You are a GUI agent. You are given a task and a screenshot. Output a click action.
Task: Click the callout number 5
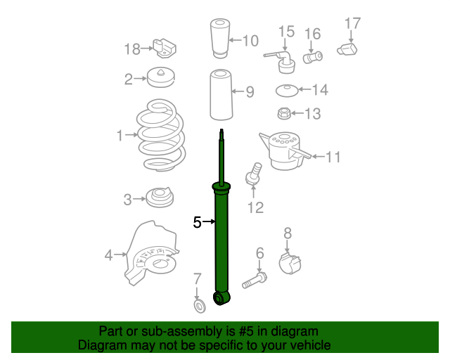pos(198,223)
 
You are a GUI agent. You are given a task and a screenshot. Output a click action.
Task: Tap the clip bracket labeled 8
pos(292,265)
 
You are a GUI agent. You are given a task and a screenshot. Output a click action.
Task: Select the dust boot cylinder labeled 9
pos(220,95)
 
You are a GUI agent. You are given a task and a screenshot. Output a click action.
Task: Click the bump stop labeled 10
pos(219,40)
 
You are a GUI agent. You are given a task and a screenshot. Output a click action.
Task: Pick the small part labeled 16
pos(312,56)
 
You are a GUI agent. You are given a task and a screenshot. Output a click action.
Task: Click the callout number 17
pos(352,23)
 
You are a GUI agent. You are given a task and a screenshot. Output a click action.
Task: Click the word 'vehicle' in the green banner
pos(306,345)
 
